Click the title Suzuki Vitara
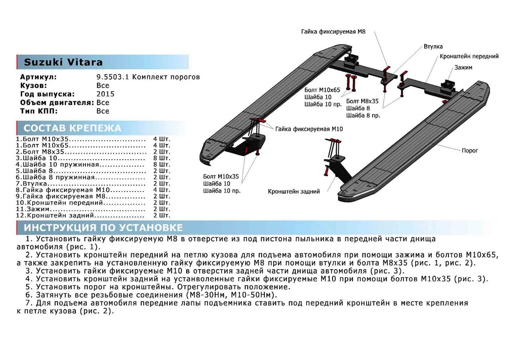tap(63, 62)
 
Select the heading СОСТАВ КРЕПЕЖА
tap(72, 128)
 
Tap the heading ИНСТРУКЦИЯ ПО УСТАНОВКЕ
tap(103, 228)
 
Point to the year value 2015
tap(105, 94)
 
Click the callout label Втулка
tap(433, 46)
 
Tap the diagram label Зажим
tap(463, 67)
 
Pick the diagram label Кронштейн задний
tap(294, 191)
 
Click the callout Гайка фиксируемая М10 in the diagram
tap(308, 129)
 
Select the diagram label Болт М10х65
tap(322, 90)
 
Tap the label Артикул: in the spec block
tap(38, 77)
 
